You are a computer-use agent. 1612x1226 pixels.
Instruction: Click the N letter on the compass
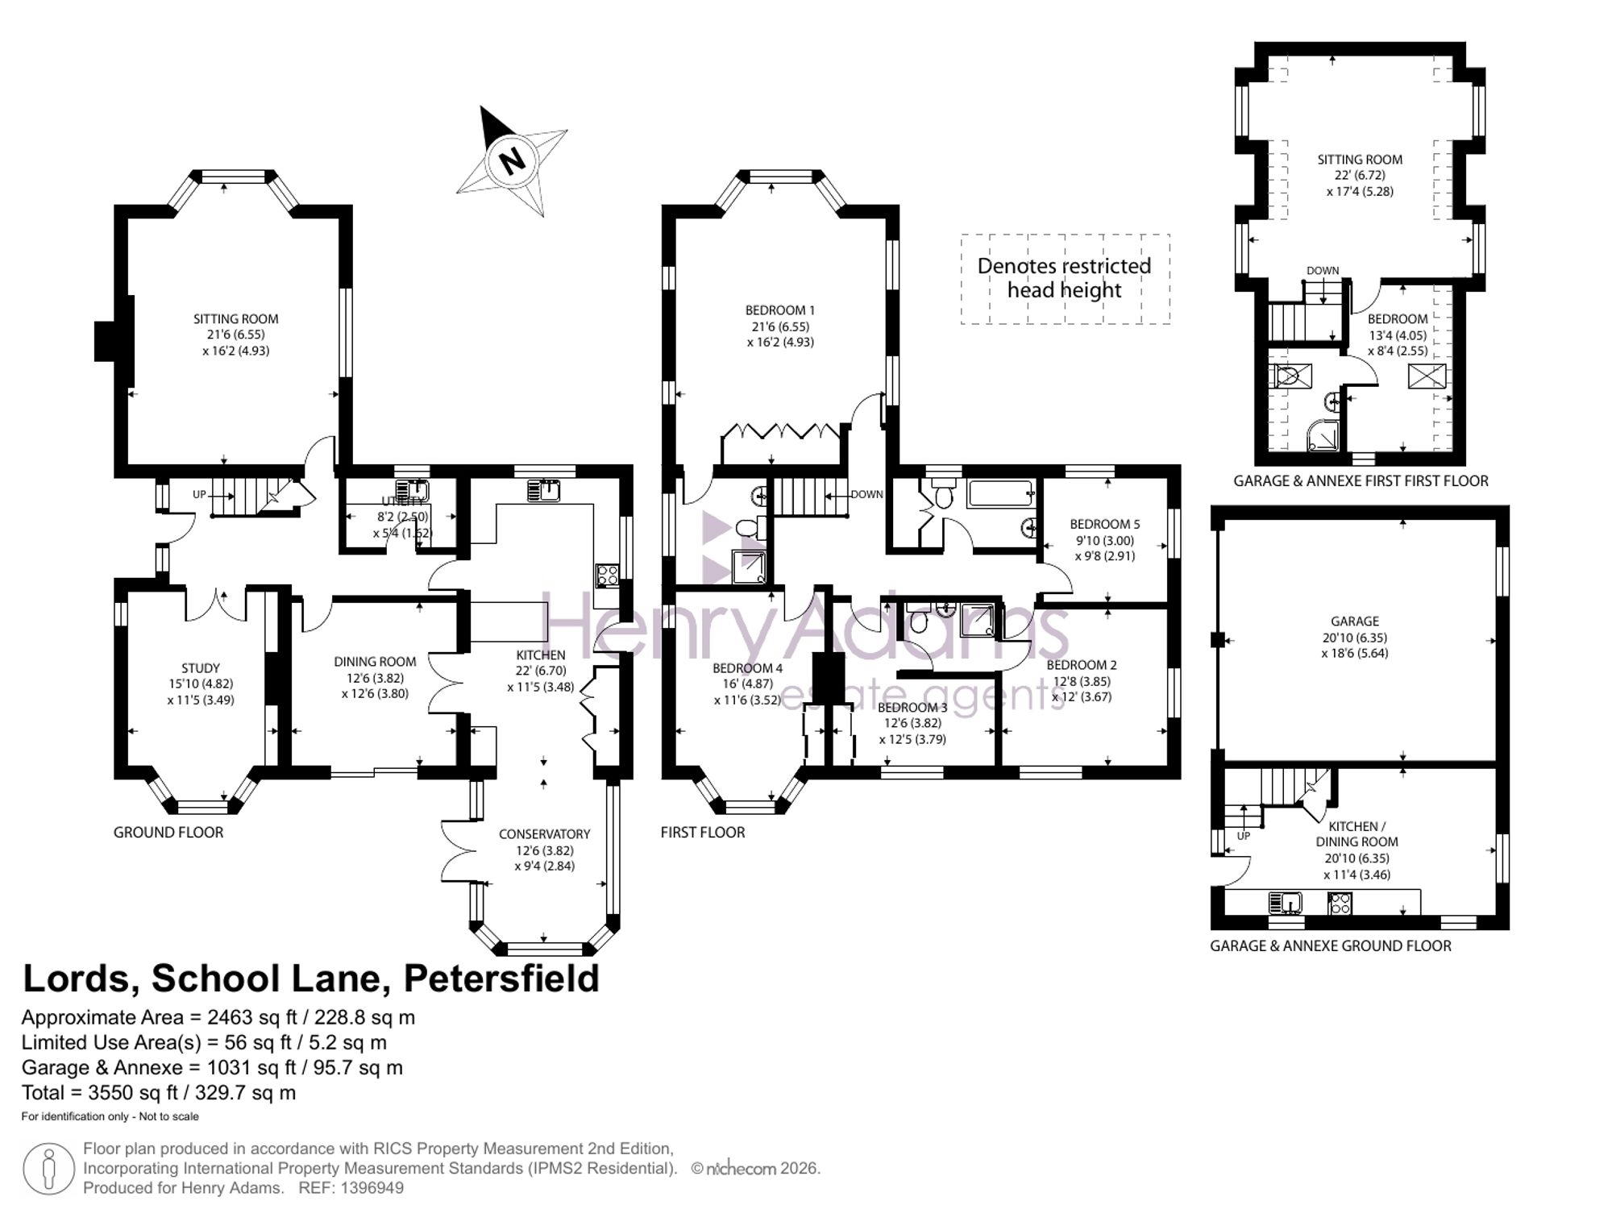click(x=512, y=160)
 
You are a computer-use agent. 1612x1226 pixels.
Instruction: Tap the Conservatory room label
click(x=544, y=834)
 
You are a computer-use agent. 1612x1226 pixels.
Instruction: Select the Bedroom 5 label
click(x=1104, y=524)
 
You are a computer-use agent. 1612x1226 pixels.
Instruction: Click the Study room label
click(x=200, y=668)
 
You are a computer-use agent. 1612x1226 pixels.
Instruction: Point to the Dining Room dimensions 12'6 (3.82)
click(x=375, y=678)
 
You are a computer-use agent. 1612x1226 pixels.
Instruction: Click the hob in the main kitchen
click(x=607, y=575)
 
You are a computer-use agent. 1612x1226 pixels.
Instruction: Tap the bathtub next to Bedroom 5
click(x=1001, y=493)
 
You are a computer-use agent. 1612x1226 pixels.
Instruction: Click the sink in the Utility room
click(x=417, y=489)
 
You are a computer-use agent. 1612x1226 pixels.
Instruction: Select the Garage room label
click(x=1354, y=621)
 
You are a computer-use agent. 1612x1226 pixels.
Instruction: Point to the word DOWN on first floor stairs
click(x=866, y=494)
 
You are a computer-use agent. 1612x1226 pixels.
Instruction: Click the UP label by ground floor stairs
click(x=199, y=494)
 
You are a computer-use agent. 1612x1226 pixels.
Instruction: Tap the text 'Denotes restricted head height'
click(x=1064, y=278)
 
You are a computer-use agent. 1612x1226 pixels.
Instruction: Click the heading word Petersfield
click(x=501, y=979)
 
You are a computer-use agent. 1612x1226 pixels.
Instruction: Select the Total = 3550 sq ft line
click(x=159, y=1093)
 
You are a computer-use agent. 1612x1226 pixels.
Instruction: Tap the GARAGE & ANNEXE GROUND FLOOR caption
click(x=1330, y=946)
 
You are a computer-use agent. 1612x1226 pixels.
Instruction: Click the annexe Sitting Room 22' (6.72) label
click(x=1359, y=176)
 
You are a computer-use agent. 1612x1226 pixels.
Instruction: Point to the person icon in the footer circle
click(x=48, y=1169)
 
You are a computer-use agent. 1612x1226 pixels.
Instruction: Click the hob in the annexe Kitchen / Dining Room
click(x=1340, y=903)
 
